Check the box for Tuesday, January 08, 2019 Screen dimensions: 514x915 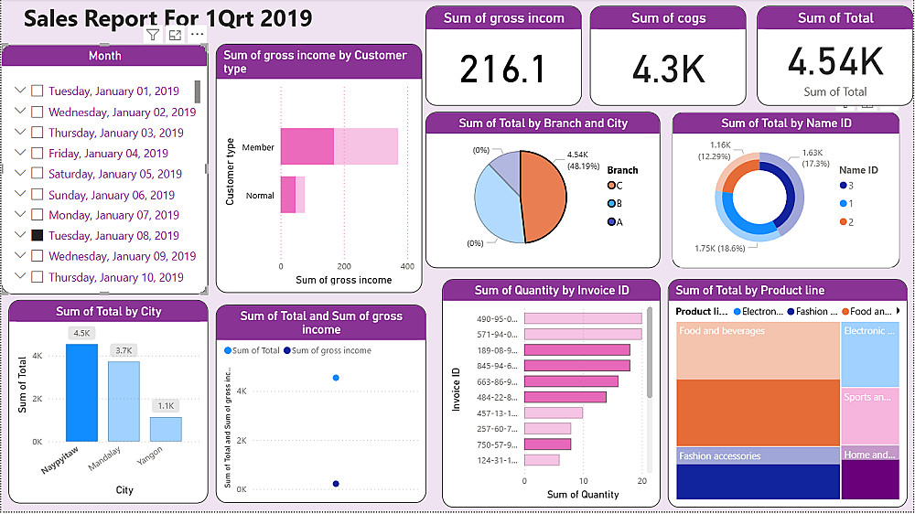(x=38, y=236)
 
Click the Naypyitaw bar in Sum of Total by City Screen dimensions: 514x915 (x=81, y=393)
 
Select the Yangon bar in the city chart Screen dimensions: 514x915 (x=166, y=429)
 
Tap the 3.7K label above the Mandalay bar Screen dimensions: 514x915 (x=124, y=350)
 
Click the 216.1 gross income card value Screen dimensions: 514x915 (x=502, y=70)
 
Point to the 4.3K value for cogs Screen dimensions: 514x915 (x=667, y=70)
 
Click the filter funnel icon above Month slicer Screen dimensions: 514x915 (x=153, y=35)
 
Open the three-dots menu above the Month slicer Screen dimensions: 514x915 (x=198, y=35)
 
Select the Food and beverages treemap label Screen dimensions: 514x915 (x=722, y=331)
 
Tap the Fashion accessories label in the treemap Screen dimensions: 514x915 (x=719, y=456)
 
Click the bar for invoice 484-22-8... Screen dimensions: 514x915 (x=565, y=397)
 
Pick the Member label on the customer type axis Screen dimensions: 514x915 (x=258, y=147)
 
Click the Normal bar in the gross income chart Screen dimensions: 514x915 (x=292, y=195)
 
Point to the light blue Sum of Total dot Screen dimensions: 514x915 (x=337, y=377)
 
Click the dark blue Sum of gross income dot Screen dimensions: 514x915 (x=336, y=484)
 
